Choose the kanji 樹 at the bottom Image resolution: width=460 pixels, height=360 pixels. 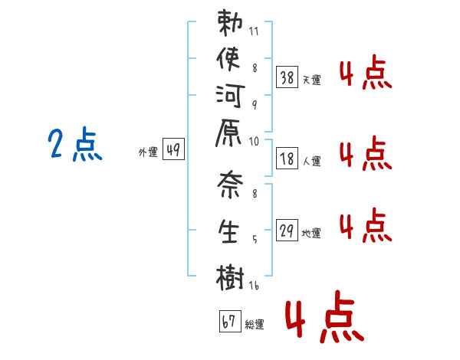[x=230, y=278]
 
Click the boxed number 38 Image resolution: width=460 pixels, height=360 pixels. [x=287, y=77]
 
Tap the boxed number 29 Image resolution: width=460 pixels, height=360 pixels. [x=287, y=230]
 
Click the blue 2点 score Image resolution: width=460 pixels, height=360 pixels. [x=75, y=145]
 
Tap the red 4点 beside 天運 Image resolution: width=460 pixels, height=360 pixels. [x=365, y=75]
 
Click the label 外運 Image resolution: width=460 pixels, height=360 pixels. [x=148, y=153]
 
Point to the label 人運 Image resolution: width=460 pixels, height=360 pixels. [x=312, y=162]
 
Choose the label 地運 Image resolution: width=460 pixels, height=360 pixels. [x=312, y=234]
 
